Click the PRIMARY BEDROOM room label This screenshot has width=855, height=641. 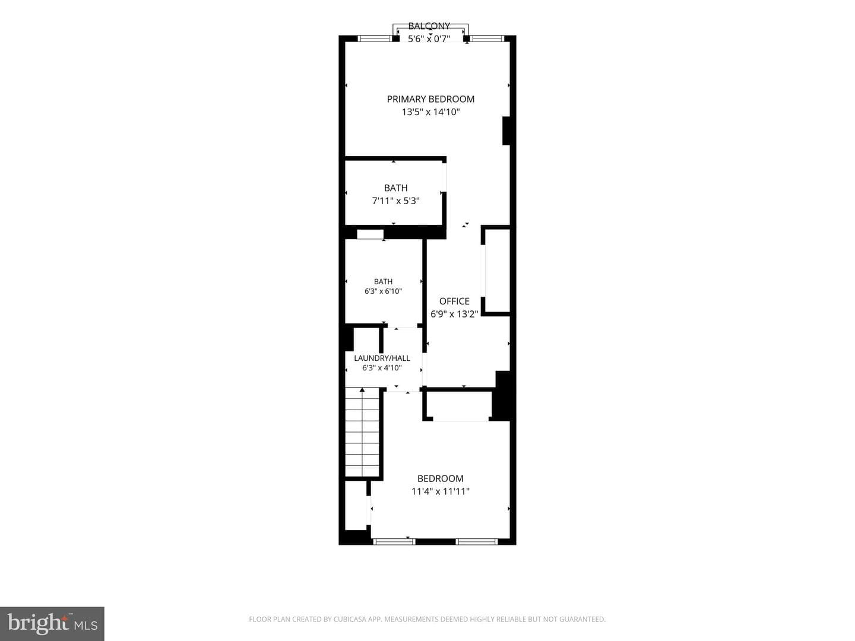tap(430, 99)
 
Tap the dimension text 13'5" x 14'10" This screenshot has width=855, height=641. tap(431, 112)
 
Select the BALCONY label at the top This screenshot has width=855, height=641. tap(429, 26)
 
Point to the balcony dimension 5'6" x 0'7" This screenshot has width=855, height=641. tap(429, 39)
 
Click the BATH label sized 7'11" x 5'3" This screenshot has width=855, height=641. tap(396, 188)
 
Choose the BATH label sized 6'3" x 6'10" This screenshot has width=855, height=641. tap(384, 281)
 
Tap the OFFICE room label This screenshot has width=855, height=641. tap(454, 302)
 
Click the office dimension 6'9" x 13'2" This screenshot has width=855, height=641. tap(454, 314)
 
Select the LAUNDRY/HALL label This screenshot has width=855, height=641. tap(382, 358)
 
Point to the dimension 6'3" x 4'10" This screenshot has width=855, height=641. tap(382, 368)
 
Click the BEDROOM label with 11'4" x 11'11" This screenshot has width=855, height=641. tap(441, 479)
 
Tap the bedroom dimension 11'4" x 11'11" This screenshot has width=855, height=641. tap(441, 491)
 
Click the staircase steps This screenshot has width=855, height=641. tap(362, 431)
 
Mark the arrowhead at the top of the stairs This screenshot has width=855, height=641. tap(362, 389)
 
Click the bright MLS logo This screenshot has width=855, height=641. tap(52, 624)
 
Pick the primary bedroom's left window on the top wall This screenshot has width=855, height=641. tap(374, 39)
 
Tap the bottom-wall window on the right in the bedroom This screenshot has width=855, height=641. tap(477, 541)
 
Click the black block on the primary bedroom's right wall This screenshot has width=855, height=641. tap(506, 131)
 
